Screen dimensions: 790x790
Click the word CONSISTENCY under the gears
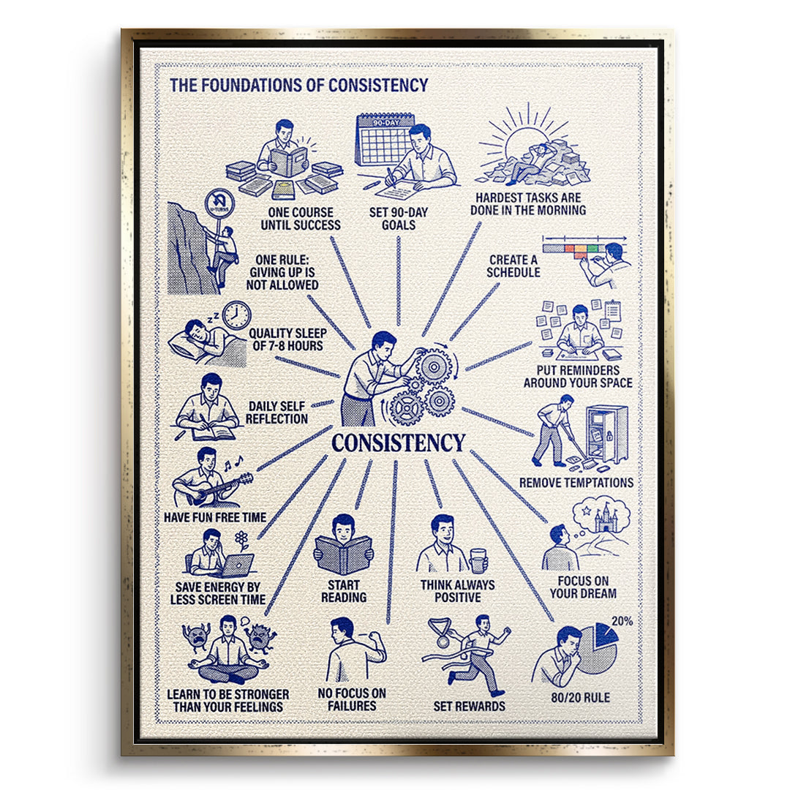398,443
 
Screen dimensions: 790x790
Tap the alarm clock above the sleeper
237,315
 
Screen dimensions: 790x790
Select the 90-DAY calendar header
386,122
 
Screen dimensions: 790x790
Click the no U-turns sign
220,203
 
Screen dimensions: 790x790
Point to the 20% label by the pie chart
622,621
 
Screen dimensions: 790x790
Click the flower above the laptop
242,540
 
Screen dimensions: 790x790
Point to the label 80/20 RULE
580,697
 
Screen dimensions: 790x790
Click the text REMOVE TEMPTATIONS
576,483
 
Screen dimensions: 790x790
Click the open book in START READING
344,555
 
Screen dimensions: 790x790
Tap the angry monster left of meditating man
197,639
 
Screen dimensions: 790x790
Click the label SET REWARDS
469,706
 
